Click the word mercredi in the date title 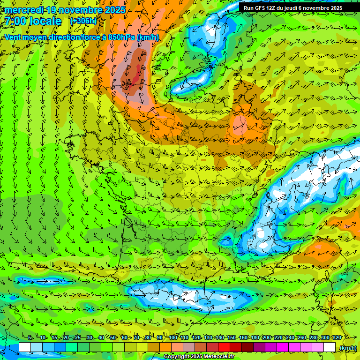pos(24,10)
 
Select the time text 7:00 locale pos(33,22)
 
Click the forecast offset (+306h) pos(83,21)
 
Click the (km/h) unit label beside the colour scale pos(347,348)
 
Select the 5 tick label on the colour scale pos(30,338)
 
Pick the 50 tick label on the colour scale pos(112,338)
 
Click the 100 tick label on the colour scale pos(173,338)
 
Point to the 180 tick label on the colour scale pos(255,338)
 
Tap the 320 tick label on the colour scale pos(337,338)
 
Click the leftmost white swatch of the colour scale pos(24,347)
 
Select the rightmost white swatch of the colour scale pos(330,347)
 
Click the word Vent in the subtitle pos(13,37)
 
